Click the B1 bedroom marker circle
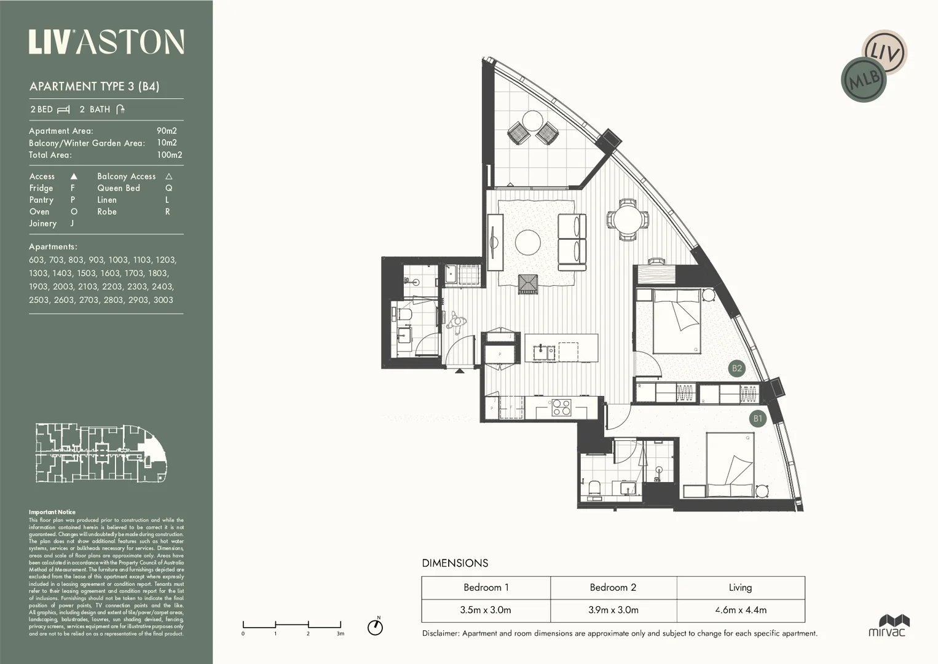757,419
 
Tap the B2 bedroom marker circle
736,368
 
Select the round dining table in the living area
628,219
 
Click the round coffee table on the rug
528,242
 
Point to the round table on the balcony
532,121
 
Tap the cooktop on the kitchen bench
561,408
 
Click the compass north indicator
375,626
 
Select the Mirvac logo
887,625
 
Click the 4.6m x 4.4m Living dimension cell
740,611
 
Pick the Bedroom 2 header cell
613,588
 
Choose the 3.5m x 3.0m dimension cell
486,611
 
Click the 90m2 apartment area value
167,131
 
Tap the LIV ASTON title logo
106,42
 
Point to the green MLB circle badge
864,80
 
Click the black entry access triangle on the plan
460,371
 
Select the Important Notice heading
52,512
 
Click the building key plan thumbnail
101,453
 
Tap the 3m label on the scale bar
340,633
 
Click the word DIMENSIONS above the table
455,563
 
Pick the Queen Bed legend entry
119,188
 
